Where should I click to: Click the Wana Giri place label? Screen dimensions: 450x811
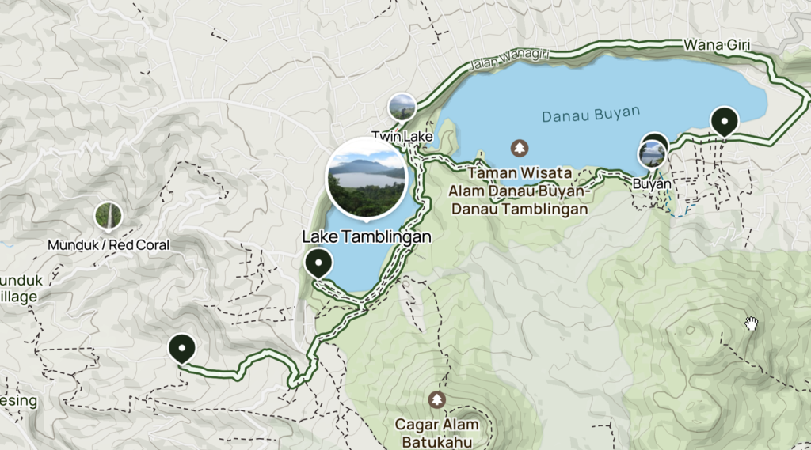pos(716,45)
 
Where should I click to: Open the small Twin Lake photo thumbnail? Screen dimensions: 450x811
pos(402,107)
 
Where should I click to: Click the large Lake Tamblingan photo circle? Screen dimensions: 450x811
pos(367,177)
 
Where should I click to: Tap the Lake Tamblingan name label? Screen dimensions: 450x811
pos(366,236)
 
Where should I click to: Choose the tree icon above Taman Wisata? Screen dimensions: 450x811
pos(519,148)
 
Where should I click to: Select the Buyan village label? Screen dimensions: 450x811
pos(651,184)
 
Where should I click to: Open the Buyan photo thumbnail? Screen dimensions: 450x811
pos(652,154)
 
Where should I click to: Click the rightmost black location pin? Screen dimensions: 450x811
pos(724,121)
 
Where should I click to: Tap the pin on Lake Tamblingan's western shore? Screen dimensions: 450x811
pos(318,263)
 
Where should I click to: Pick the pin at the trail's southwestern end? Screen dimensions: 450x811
pos(182,348)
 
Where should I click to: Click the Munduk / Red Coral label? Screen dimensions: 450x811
pos(109,245)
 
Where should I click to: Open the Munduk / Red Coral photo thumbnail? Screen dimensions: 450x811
pos(109,215)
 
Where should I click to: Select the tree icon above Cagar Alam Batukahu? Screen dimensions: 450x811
pos(436,400)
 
